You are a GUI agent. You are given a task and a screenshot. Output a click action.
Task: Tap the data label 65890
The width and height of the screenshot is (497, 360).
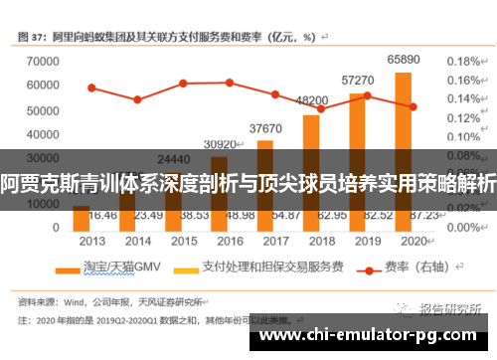[403, 60]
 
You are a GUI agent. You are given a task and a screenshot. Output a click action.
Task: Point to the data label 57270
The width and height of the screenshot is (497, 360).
[357, 80]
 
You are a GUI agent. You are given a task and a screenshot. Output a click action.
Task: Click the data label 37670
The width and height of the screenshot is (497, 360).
[265, 128]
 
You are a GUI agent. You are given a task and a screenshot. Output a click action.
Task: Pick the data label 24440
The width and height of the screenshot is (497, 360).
[173, 158]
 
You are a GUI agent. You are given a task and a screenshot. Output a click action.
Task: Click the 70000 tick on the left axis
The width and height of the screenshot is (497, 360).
[37, 62]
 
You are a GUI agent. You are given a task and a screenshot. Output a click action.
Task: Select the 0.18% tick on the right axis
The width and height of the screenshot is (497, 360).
[463, 62]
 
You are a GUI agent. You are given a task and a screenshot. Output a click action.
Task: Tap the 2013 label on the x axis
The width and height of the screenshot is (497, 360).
[91, 241]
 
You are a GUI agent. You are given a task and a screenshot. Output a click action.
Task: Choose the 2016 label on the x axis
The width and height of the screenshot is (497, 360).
[230, 241]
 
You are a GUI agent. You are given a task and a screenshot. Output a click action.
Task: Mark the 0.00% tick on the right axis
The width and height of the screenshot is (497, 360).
[463, 227]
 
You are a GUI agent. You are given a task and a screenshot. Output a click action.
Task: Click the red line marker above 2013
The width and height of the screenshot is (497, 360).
[91, 88]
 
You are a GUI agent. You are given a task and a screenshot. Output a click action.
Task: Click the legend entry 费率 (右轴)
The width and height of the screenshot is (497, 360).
[408, 268]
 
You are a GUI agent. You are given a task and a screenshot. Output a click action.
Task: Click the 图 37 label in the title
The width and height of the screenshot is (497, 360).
[34, 36]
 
